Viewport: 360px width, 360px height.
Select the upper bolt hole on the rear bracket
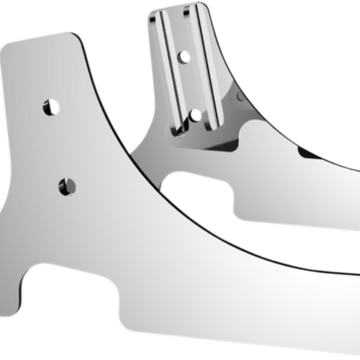point(181,55)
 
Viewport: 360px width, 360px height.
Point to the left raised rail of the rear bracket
point(166,67)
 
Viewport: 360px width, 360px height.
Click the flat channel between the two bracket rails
point(187,82)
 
